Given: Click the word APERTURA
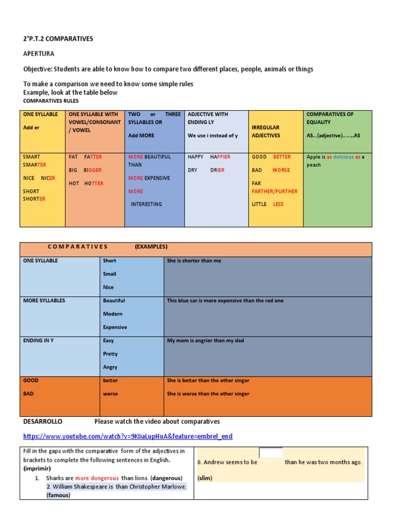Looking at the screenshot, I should (x=39, y=54).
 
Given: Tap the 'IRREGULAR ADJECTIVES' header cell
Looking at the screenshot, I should (x=266, y=131).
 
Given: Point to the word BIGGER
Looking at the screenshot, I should (x=93, y=170).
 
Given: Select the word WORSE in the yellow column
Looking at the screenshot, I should (x=281, y=170).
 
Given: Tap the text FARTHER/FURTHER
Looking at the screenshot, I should (x=275, y=191).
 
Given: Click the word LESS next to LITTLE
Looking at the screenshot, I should (x=278, y=204).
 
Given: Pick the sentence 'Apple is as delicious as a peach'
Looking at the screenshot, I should (x=335, y=161).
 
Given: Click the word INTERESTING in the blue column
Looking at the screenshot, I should (x=146, y=204).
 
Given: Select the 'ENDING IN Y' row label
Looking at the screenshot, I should (x=38, y=341).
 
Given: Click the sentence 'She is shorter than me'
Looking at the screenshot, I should (x=194, y=261).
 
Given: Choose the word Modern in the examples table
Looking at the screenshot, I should (x=113, y=314).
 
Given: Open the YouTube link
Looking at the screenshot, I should (x=128, y=436).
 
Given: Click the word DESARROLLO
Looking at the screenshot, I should (x=43, y=421).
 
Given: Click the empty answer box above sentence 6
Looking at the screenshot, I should (x=271, y=453).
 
